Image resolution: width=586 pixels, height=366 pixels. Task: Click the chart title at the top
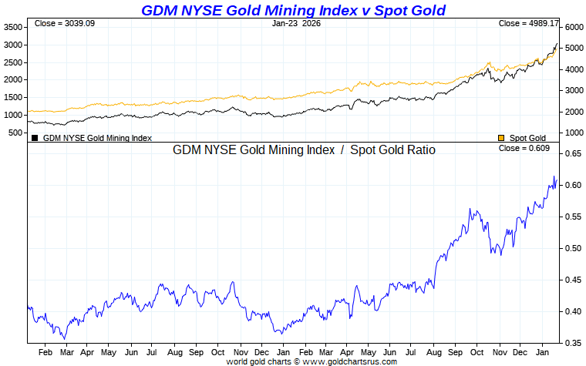tap(293, 10)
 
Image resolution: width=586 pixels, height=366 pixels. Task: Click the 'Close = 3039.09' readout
tap(65, 24)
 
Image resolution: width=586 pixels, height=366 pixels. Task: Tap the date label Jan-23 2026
tap(297, 24)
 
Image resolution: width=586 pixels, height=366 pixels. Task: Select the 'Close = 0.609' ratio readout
tap(524, 148)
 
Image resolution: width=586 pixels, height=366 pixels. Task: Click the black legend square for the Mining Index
tap(35, 138)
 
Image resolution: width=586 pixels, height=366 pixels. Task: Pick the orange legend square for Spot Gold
tap(501, 138)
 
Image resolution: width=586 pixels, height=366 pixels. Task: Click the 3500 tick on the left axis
tap(14, 27)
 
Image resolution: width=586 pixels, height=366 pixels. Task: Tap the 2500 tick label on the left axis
tap(14, 62)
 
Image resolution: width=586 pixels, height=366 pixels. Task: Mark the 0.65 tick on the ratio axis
tap(572, 154)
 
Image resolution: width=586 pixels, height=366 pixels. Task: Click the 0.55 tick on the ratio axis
tap(572, 217)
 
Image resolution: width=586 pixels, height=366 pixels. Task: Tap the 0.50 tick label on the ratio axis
tap(572, 249)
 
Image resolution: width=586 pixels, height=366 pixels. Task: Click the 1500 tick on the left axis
tap(14, 98)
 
